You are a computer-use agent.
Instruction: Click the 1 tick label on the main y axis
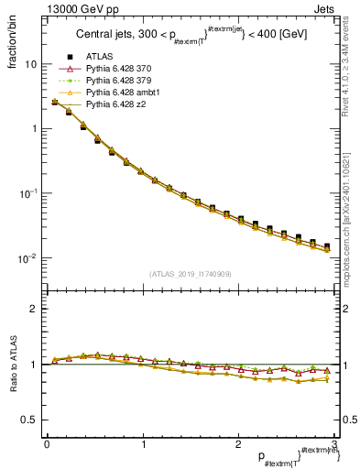coord(34,129)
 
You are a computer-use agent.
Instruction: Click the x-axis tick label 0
coord(47,444)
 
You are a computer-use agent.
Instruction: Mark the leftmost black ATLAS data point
coord(55,103)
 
